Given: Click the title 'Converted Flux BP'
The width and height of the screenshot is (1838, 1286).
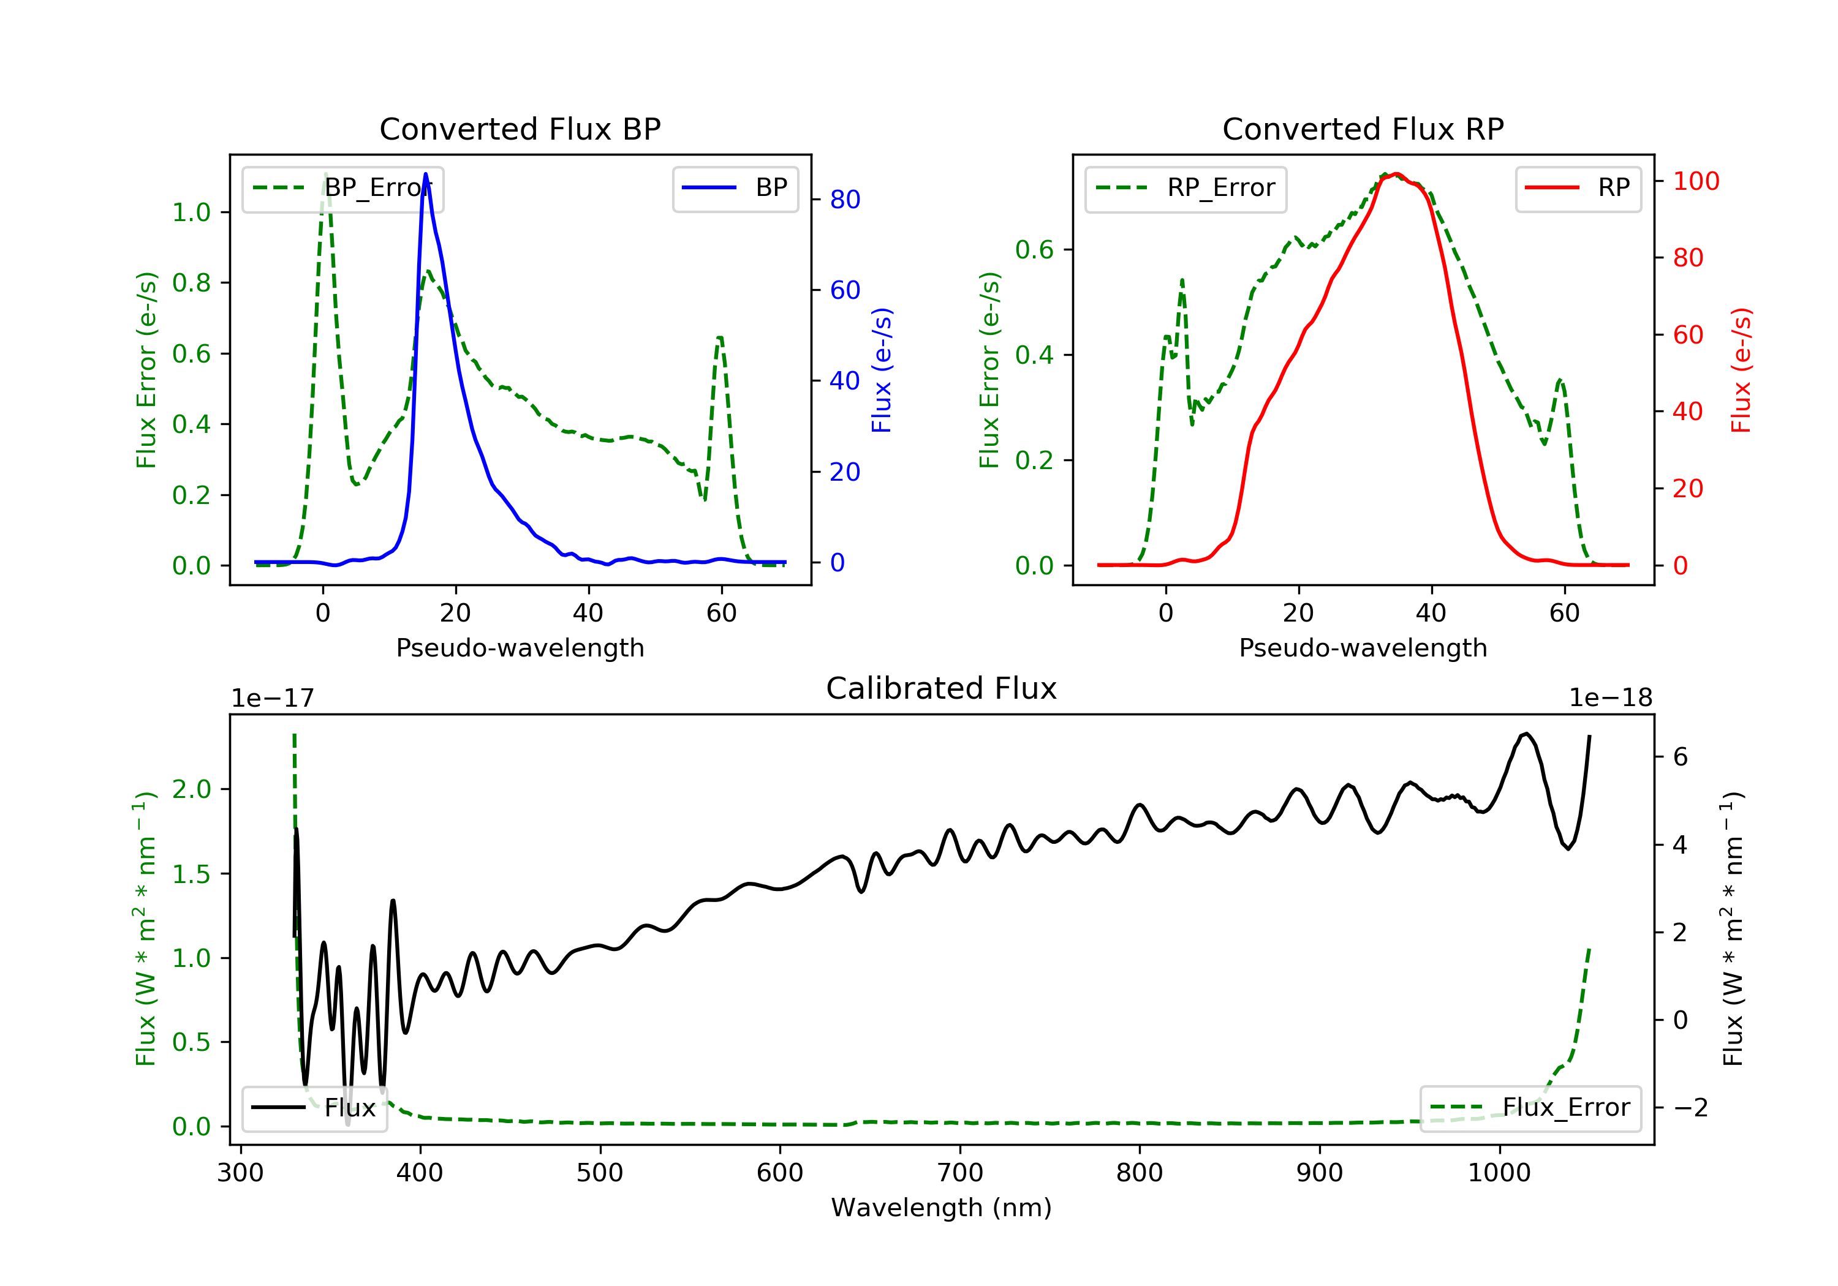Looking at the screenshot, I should click(520, 129).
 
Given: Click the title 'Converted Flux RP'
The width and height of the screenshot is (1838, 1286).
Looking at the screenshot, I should click(1363, 129).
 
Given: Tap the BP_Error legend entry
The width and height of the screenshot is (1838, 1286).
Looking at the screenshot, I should click(342, 188).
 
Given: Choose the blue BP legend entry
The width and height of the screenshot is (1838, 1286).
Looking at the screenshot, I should click(735, 188).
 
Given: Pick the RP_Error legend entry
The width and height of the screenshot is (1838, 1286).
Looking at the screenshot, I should click(1185, 188).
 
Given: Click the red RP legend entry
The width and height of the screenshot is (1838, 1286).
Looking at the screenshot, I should click(1577, 188).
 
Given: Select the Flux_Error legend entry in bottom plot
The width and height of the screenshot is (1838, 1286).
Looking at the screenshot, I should click(1530, 1108).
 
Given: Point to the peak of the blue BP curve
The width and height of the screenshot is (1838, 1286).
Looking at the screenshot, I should click(425, 174).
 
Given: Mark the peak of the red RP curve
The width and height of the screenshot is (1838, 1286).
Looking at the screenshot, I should click(1395, 174).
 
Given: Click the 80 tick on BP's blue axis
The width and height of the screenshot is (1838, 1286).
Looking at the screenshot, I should click(844, 199).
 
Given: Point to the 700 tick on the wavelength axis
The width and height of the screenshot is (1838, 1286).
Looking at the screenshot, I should click(959, 1173).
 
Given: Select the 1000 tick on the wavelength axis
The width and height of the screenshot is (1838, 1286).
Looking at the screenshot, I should click(1499, 1173).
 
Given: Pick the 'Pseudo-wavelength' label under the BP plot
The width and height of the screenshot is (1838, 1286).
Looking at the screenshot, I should click(520, 647).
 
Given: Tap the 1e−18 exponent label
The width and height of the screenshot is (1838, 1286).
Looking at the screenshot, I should click(1610, 698).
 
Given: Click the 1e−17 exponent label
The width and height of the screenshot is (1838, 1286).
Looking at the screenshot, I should click(272, 698).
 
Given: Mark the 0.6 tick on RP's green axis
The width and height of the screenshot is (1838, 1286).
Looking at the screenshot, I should click(1034, 250).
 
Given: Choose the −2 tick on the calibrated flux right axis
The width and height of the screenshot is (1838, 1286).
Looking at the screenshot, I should click(1690, 1108).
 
